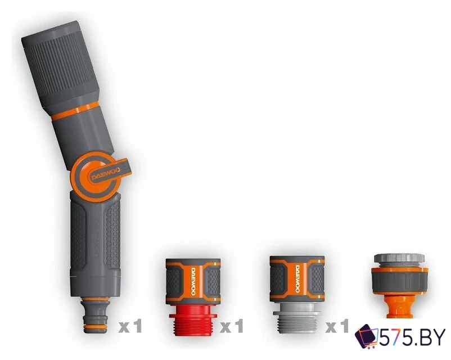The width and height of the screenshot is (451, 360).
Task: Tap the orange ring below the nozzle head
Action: coord(76,111)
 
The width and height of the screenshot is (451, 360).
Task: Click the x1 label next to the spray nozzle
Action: coord(130,326)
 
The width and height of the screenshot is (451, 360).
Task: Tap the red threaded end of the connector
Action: coord(193,320)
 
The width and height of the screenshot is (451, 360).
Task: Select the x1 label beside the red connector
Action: coord(232,326)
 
